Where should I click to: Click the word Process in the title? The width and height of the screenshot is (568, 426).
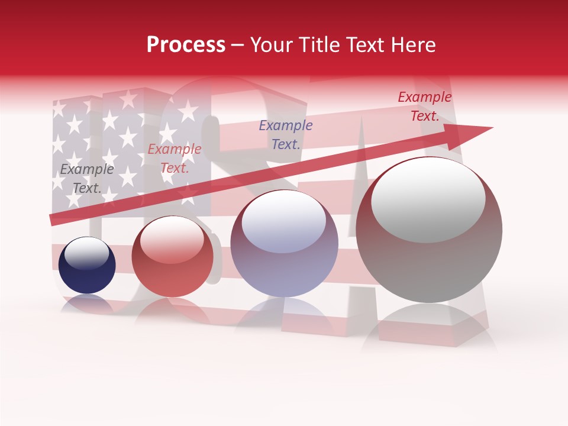coord(186,45)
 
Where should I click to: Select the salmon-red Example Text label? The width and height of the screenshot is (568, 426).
coord(175,159)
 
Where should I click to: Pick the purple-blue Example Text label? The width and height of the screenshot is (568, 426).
coord(286,134)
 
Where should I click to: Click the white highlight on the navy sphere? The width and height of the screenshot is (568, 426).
coord(86,253)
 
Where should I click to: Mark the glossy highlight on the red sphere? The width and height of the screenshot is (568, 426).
coord(172,240)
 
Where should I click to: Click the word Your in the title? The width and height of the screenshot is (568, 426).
coord(270,45)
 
